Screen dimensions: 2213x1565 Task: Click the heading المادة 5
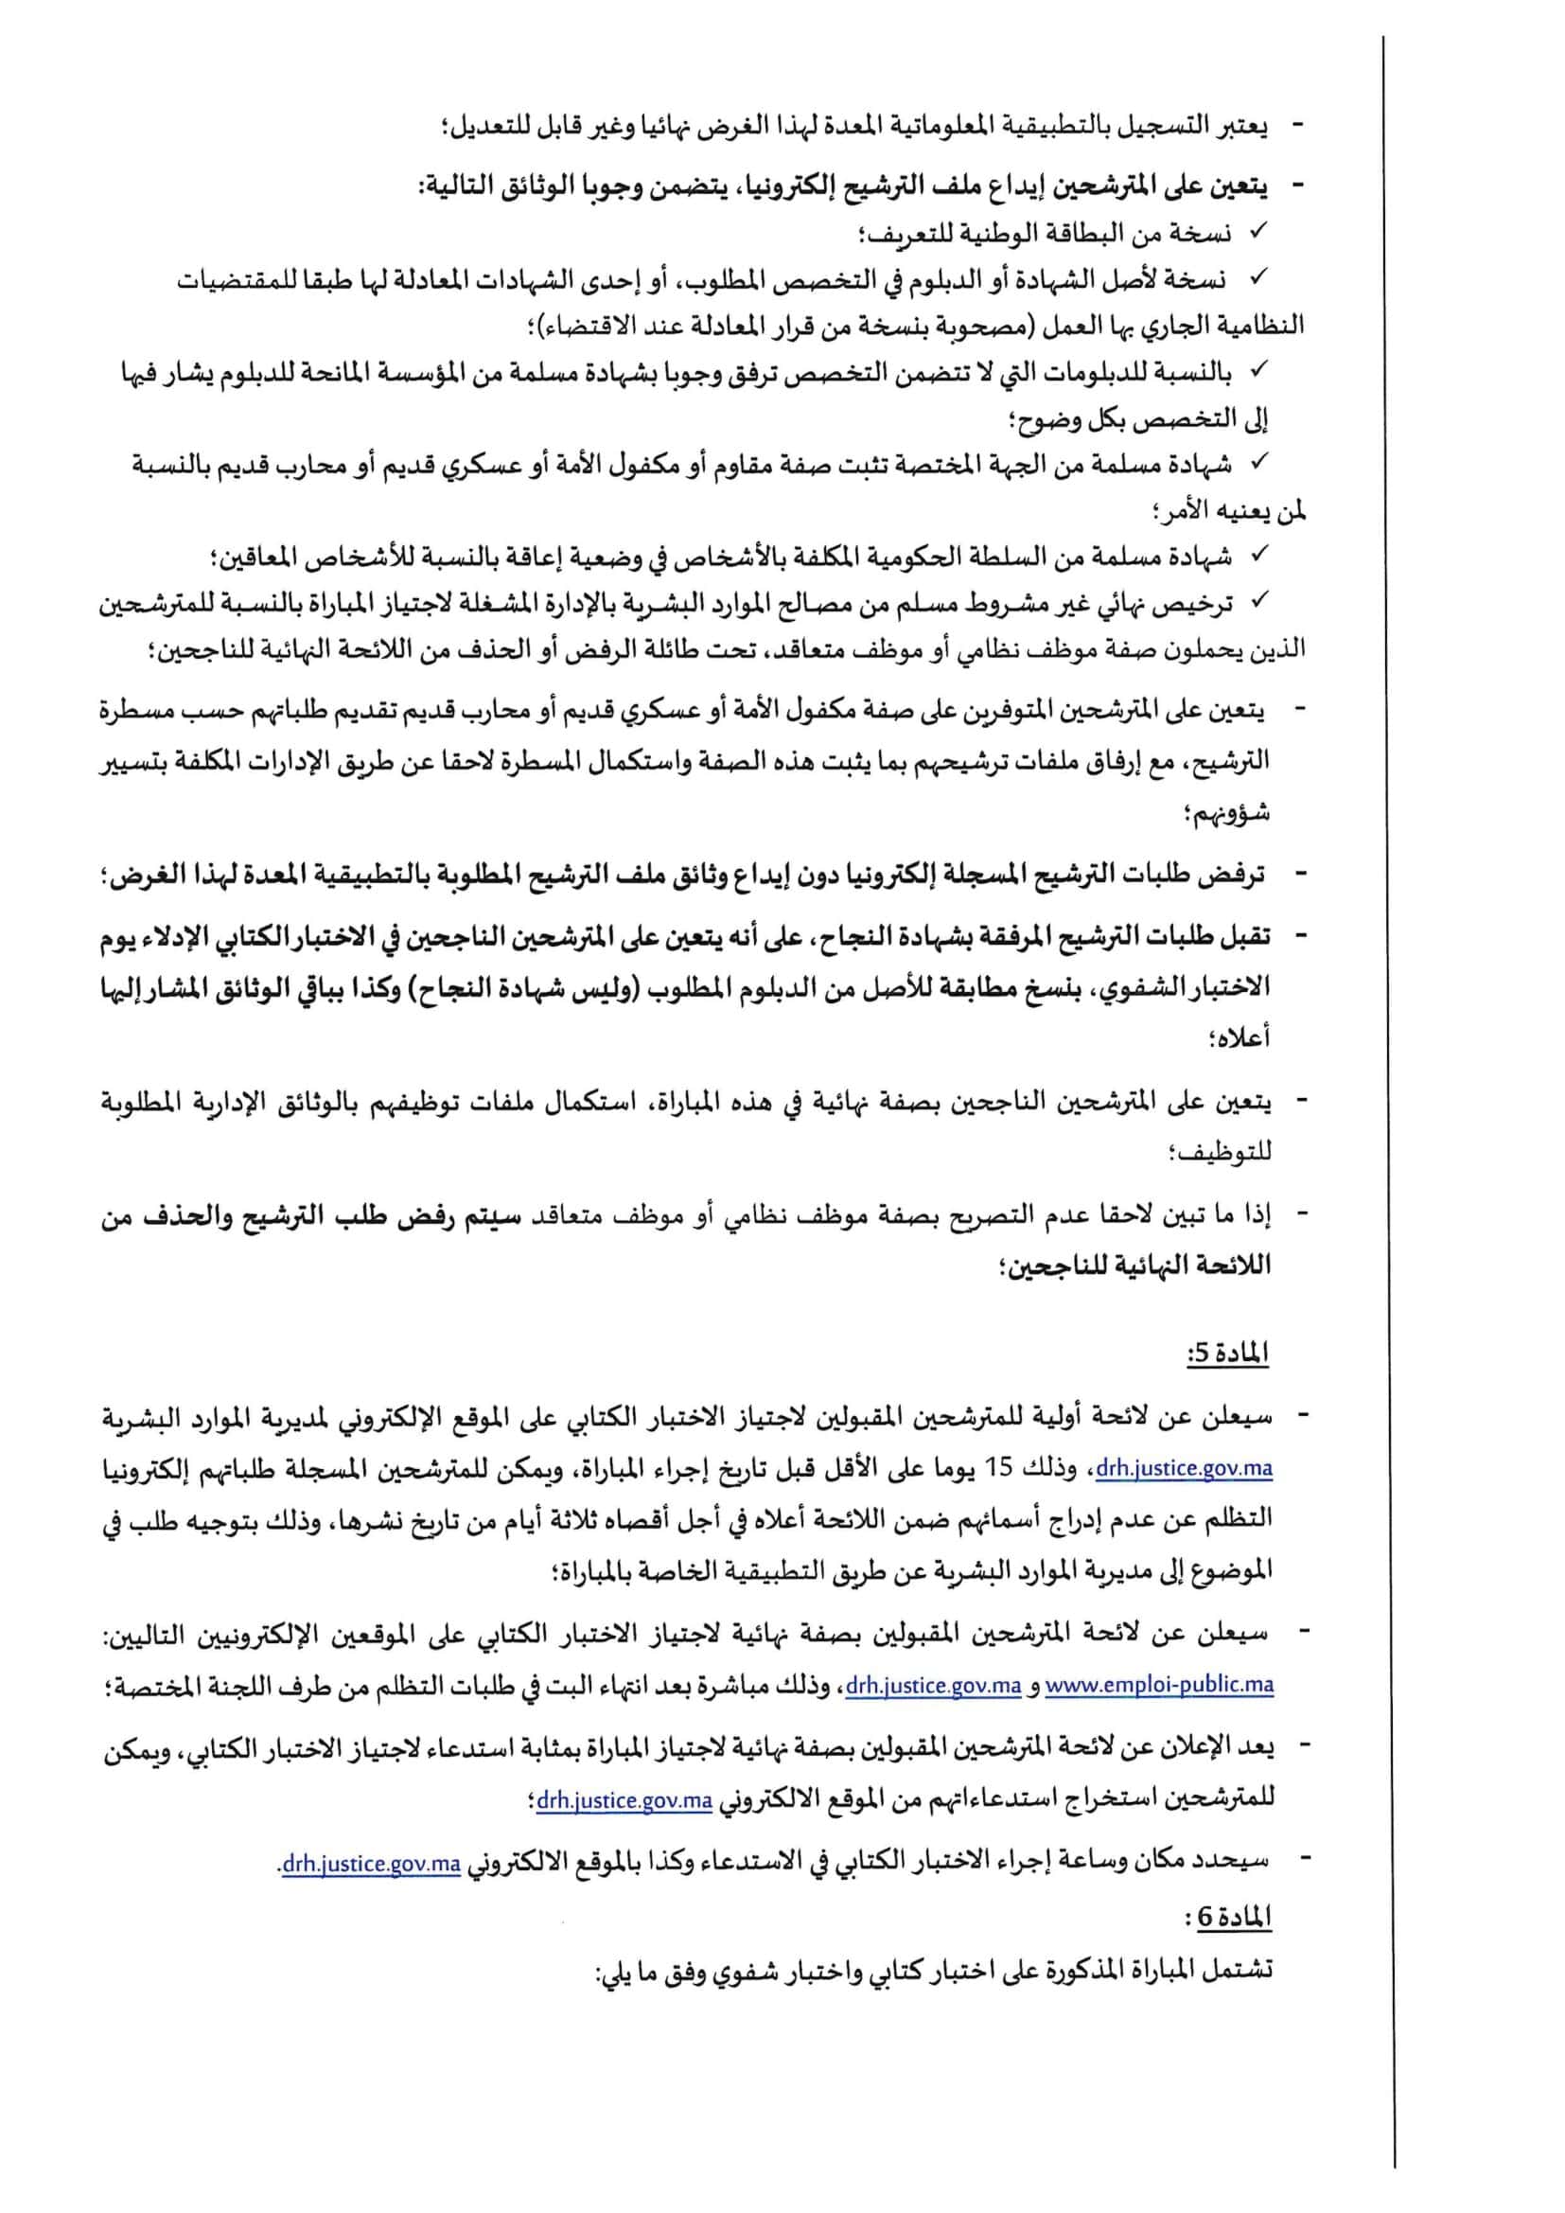point(1229,1354)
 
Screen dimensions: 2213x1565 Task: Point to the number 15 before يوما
point(1003,1469)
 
